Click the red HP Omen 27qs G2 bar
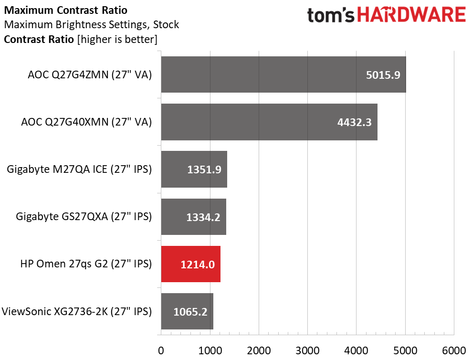(x=190, y=264)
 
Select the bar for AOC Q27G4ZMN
(x=283, y=74)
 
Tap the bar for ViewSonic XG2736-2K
(x=187, y=311)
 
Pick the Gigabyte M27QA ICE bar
(x=194, y=169)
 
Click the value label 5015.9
(x=383, y=75)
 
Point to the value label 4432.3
(x=355, y=122)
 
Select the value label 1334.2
(x=204, y=217)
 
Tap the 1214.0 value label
(x=198, y=264)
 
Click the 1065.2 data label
(x=191, y=312)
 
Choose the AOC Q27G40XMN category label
(x=86, y=122)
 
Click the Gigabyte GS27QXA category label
(x=84, y=217)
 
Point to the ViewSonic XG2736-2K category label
(x=77, y=312)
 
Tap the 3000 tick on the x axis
(x=307, y=349)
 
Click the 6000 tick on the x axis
(x=454, y=349)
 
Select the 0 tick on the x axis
(x=161, y=349)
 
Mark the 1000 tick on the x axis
(x=210, y=349)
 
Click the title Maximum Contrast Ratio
(x=65, y=10)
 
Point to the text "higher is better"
(x=116, y=39)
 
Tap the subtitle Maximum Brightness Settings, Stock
(x=91, y=24)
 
